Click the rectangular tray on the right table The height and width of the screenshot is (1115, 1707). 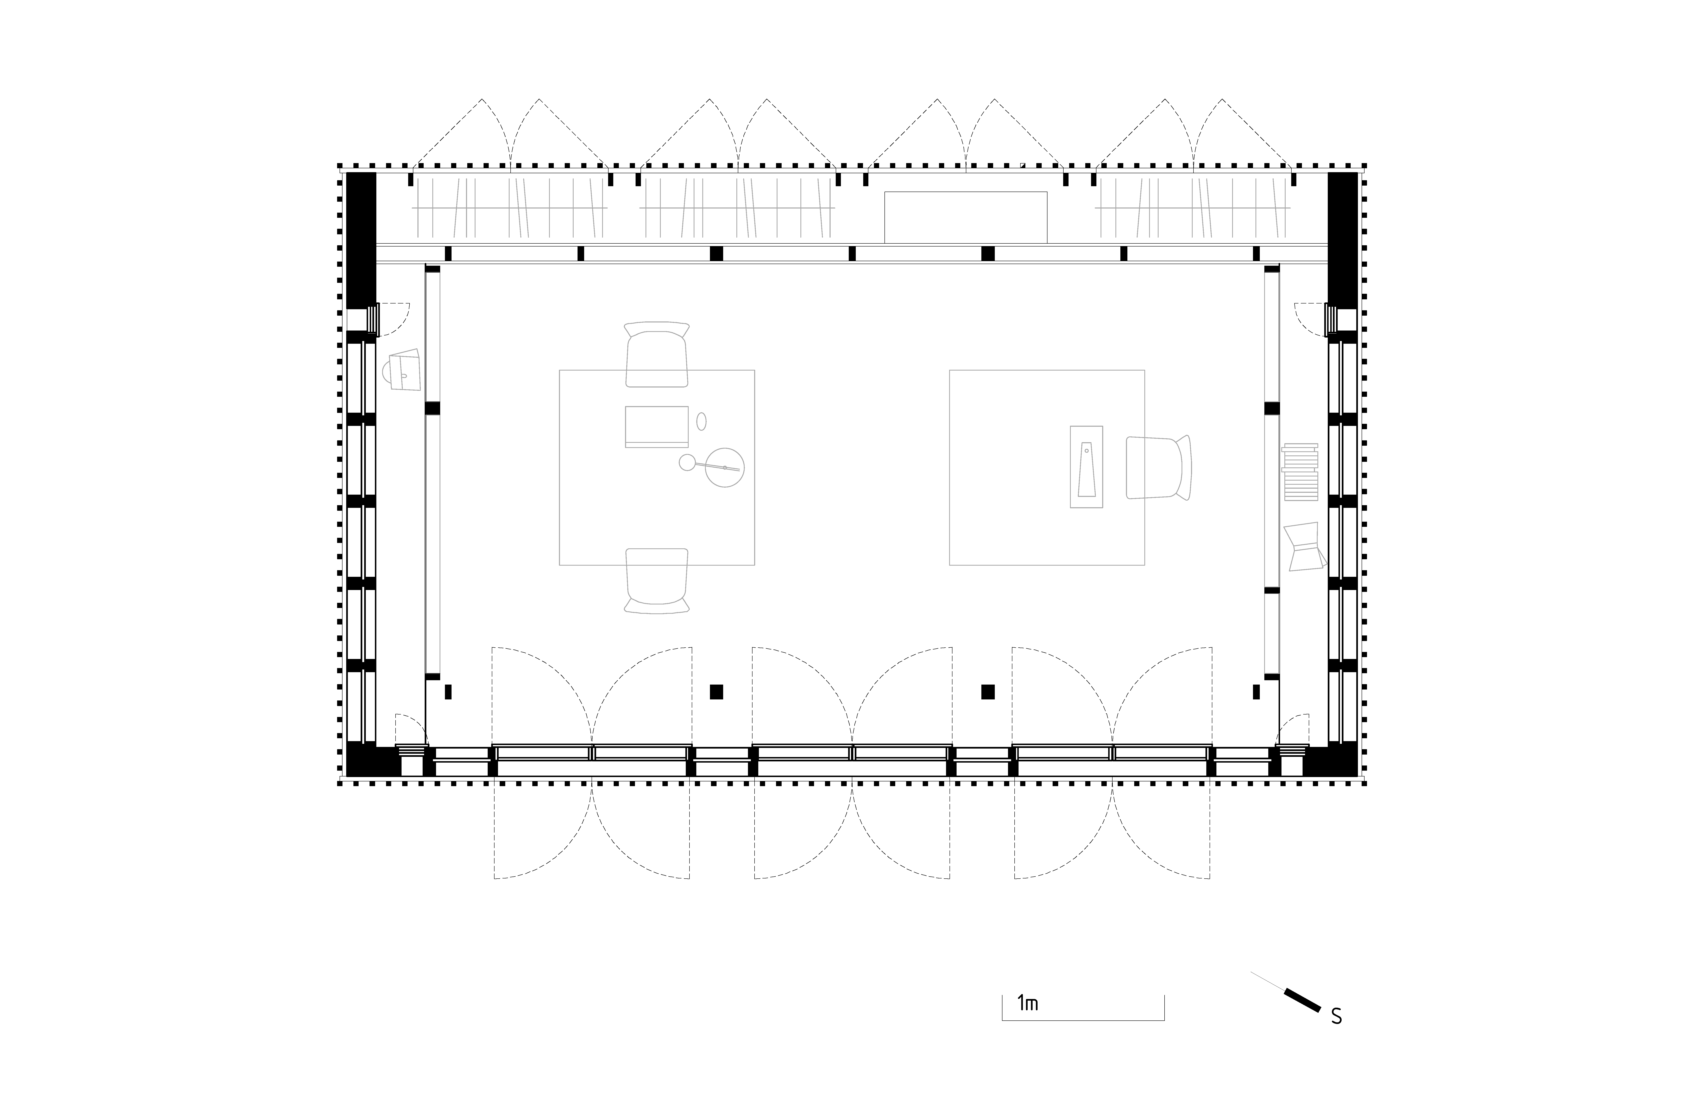point(1086,467)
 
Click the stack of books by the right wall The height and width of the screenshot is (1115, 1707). point(1300,472)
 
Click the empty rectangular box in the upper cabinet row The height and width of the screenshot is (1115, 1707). point(965,217)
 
